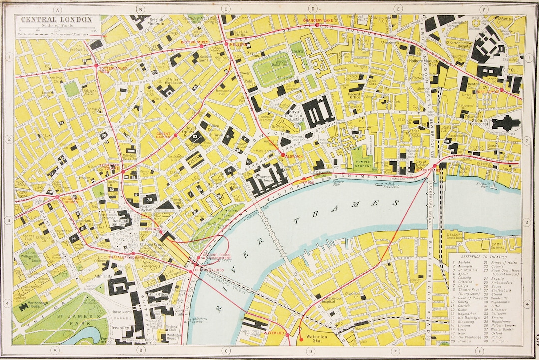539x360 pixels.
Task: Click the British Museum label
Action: click(156, 22)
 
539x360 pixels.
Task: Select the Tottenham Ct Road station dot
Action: click(96, 65)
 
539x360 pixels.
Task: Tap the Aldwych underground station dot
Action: click(283, 155)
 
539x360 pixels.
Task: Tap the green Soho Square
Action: click(72, 89)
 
